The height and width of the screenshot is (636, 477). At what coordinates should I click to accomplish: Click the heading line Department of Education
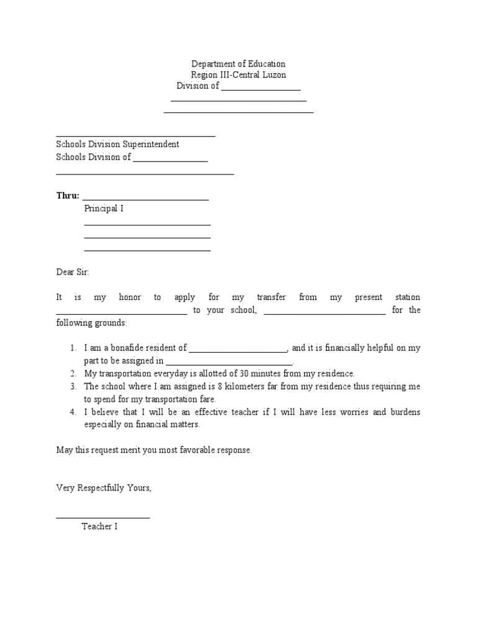[238, 64]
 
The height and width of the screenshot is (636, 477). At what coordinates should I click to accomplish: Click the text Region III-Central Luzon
[238, 75]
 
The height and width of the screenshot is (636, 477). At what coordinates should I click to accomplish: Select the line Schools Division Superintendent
[117, 144]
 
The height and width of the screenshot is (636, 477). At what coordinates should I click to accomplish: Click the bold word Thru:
[68, 196]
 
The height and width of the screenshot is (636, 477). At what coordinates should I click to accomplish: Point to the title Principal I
[104, 209]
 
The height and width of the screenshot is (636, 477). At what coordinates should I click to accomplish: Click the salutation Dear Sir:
[73, 272]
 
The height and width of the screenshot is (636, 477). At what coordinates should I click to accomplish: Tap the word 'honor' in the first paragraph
[130, 298]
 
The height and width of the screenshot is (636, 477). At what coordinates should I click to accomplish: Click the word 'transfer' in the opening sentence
[271, 298]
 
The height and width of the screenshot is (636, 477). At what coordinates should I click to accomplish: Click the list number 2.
[73, 373]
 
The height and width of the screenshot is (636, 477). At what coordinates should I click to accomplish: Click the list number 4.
[73, 412]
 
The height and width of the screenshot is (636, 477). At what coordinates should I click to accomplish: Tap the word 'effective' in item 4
[207, 412]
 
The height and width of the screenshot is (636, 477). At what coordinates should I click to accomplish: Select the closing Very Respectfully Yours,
[104, 488]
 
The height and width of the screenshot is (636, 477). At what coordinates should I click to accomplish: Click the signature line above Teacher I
[102, 516]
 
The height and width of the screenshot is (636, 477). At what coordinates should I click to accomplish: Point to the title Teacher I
[99, 527]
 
